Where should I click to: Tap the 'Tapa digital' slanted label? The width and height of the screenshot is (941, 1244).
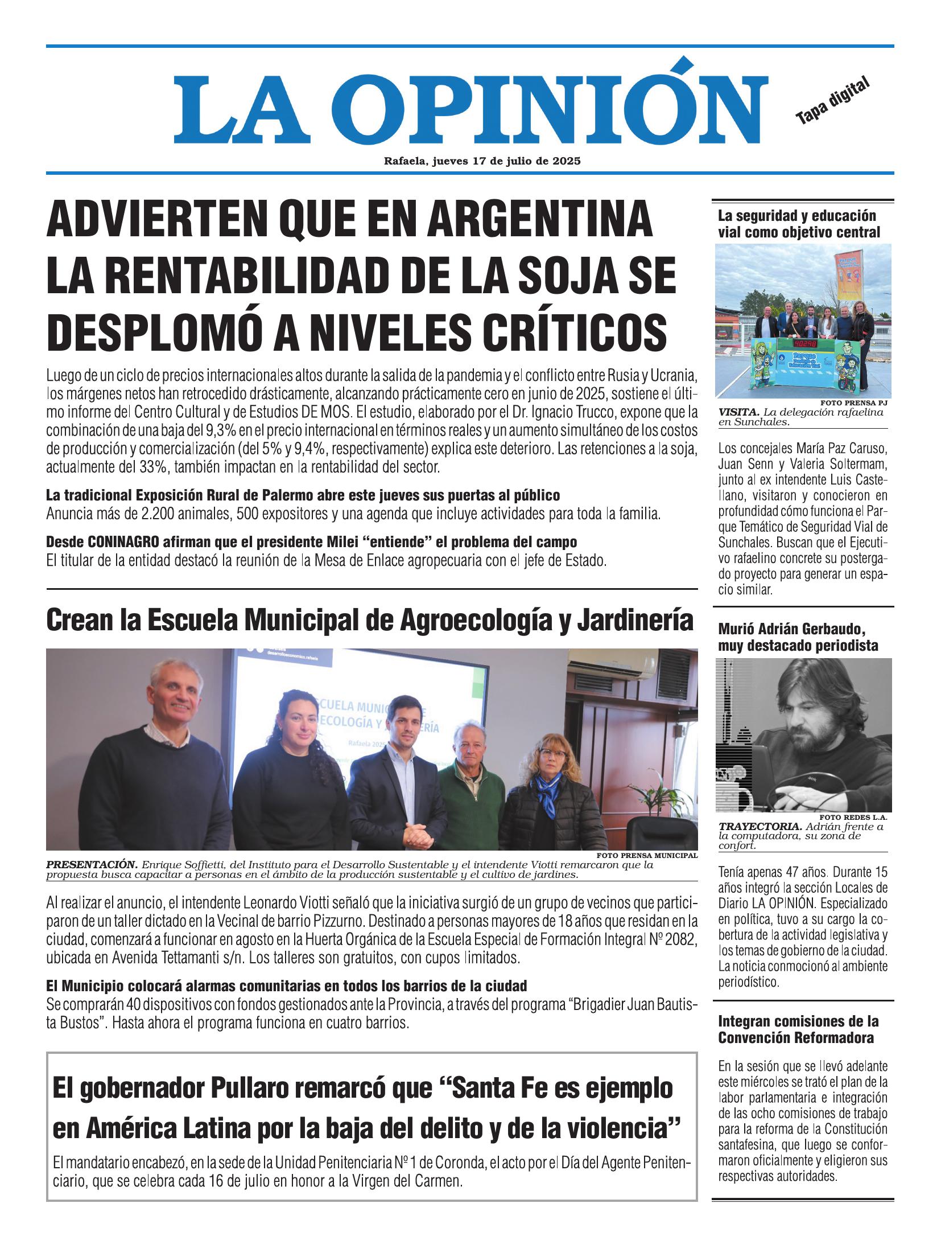[x=833, y=101]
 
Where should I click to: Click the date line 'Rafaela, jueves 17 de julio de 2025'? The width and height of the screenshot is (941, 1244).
[x=482, y=161]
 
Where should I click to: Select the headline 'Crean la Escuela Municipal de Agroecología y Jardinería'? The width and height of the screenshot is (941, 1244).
[x=370, y=620]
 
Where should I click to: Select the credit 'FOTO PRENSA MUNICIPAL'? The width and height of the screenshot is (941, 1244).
[x=647, y=856]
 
